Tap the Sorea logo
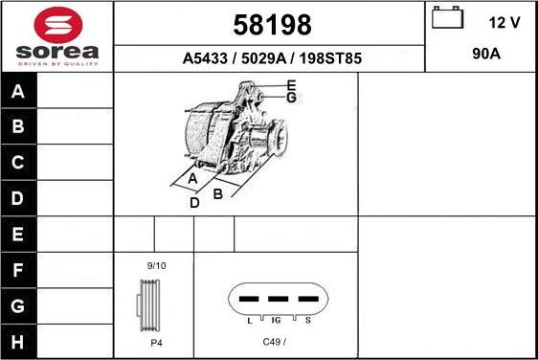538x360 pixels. coord(56,35)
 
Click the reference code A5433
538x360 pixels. coord(206,58)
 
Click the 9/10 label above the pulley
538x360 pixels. coord(156,265)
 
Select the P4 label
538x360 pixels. coord(155,342)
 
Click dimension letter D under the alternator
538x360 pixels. coord(194,203)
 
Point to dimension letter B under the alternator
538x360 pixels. coord(218,194)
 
